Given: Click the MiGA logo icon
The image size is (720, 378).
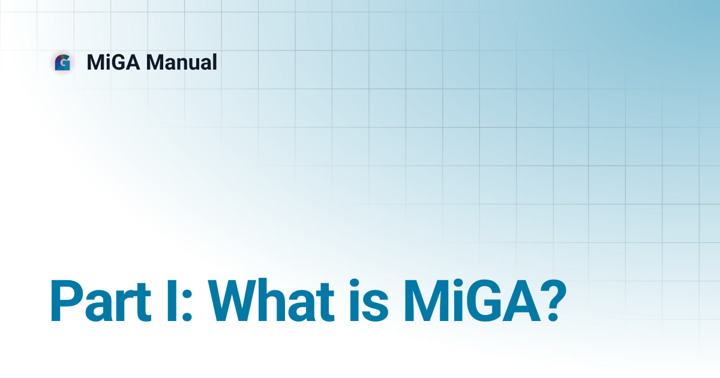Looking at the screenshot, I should click(x=62, y=62).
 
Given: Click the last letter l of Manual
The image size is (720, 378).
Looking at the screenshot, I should click(x=214, y=62).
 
